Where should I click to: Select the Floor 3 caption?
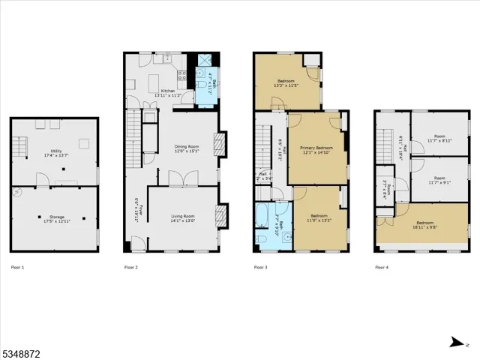(261, 267)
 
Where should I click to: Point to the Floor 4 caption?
(382, 267)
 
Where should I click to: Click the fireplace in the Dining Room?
(220, 145)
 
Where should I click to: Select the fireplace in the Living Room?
(220, 216)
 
